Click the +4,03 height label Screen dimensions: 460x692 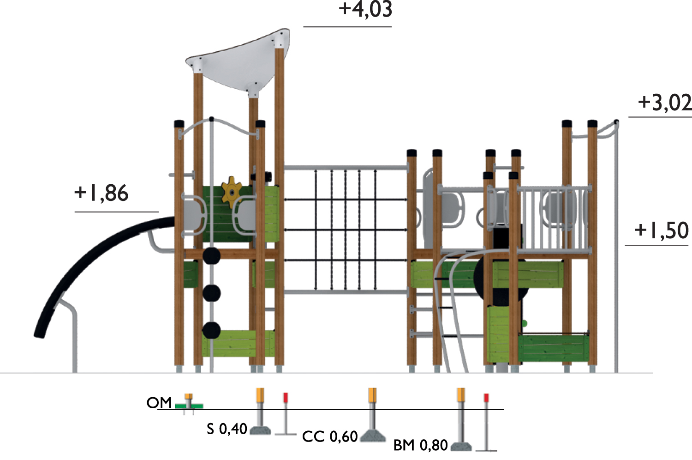365,10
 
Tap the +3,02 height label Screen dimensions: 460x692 664,103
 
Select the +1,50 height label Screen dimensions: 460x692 661,230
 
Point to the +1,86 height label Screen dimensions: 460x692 101,193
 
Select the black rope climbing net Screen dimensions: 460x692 346,231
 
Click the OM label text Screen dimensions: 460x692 159,403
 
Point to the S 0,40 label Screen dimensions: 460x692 227,429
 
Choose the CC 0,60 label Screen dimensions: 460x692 330,436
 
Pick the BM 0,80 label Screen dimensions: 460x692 420,445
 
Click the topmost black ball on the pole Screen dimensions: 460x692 212,256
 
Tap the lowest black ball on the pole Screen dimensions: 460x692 211,330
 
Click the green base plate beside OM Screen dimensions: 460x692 189,406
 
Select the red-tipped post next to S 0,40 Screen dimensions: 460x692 286,413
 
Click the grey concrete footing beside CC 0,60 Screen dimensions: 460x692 372,436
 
